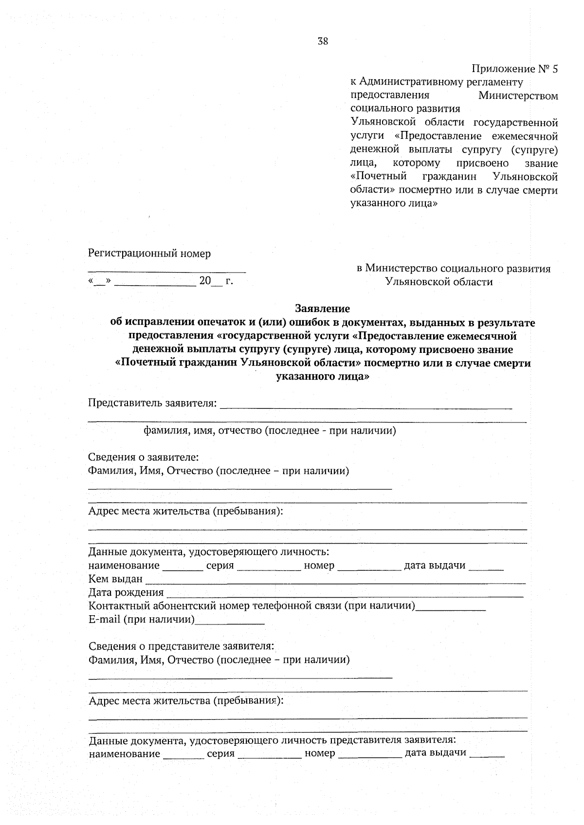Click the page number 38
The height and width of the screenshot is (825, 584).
(x=323, y=41)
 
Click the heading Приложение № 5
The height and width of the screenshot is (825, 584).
(x=514, y=69)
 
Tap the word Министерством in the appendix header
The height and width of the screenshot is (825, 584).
(x=518, y=95)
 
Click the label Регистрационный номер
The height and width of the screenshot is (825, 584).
(x=149, y=254)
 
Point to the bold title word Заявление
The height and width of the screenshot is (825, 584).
(x=322, y=309)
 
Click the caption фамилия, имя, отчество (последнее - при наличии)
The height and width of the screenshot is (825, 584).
(x=269, y=431)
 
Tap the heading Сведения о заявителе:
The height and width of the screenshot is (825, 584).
(x=143, y=458)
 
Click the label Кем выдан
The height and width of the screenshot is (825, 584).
(x=115, y=579)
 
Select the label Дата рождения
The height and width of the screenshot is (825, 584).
(x=126, y=592)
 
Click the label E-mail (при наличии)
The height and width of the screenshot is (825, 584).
(x=141, y=620)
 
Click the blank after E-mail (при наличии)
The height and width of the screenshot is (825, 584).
(x=229, y=623)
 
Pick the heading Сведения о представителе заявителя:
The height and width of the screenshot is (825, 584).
(x=181, y=646)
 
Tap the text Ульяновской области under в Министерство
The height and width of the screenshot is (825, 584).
(x=438, y=282)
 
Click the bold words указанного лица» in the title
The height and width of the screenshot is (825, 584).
(x=322, y=376)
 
